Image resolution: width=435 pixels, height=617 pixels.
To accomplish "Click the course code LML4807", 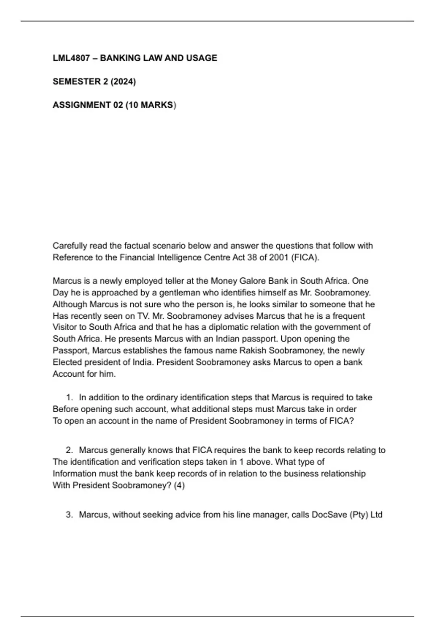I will (71, 58).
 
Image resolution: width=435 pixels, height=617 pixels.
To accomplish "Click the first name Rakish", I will (252, 351).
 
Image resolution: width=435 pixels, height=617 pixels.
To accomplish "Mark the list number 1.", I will (69, 397).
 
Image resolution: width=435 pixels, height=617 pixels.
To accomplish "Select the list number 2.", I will (69, 450).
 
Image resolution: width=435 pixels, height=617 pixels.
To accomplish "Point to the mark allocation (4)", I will (179, 485).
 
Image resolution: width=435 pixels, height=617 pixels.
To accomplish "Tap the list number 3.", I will (69, 515).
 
